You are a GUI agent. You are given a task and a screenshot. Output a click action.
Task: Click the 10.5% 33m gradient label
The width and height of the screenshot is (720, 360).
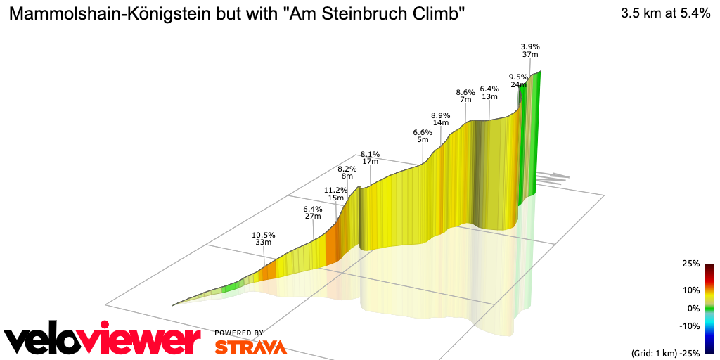pos(264,238)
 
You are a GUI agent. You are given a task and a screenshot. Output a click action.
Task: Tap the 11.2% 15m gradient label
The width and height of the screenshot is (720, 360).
pos(335,194)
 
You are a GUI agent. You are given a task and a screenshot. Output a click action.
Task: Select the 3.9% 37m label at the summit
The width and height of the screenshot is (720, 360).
pos(529,50)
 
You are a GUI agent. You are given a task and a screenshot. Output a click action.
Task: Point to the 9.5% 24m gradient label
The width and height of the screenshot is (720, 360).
pos(518,80)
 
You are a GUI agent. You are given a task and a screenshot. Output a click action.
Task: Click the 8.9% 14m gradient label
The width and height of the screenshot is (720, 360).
pos(440,119)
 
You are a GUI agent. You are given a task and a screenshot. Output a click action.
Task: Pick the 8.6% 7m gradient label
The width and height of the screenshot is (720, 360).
pos(465,96)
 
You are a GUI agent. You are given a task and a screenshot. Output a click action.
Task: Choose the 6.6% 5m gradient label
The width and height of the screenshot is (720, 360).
pos(422,136)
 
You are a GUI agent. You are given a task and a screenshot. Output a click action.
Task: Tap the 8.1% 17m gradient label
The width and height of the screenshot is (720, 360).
pos(370,157)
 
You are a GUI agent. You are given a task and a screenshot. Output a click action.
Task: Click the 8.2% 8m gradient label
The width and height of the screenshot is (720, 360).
pos(347,172)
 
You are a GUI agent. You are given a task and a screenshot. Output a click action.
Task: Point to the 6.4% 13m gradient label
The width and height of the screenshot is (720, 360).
pos(489,92)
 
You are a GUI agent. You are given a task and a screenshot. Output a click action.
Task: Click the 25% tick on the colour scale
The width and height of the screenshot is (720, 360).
pos(690,264)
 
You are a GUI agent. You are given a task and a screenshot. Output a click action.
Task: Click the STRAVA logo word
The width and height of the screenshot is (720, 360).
pos(250,347)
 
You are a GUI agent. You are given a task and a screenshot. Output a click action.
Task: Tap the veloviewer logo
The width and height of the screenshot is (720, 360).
pos(102,340)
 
